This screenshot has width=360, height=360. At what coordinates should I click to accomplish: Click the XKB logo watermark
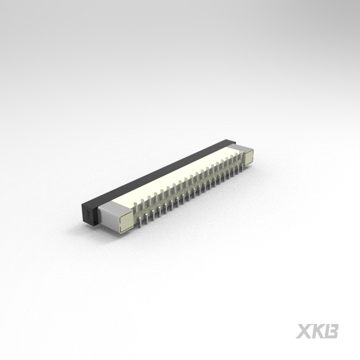coord(317,331)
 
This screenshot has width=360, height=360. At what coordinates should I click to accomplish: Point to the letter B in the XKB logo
coord(332,331)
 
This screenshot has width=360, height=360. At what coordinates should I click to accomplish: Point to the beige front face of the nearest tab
coord(125,222)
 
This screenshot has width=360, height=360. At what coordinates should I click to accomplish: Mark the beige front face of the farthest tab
coord(249,158)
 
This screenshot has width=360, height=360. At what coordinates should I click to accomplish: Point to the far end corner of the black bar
coord(230,142)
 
